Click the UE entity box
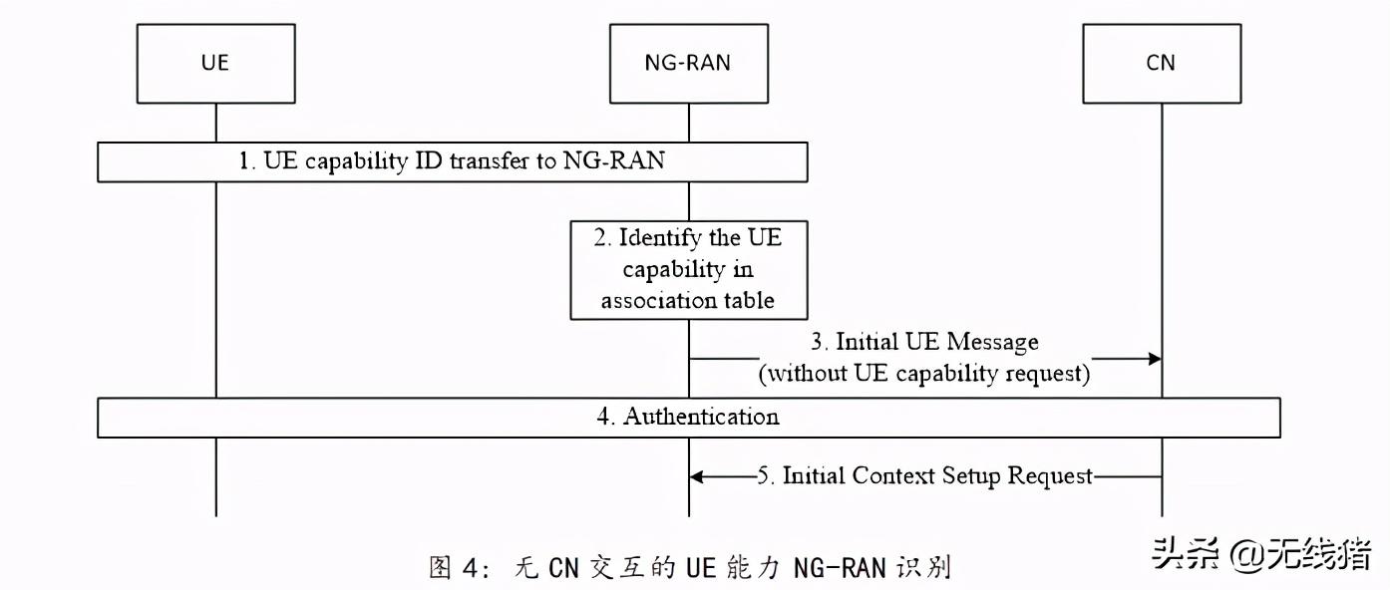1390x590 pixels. point(215,63)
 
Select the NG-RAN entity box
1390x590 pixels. point(687,63)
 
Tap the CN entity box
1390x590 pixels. point(1161,63)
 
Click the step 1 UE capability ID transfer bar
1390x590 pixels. point(452,161)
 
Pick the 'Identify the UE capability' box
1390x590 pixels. point(687,270)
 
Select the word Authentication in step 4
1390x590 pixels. point(701,417)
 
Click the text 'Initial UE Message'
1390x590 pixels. point(936,342)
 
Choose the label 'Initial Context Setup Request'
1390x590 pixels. point(937,476)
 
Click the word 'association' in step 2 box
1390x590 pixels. point(647,300)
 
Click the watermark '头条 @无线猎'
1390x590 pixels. point(1261,554)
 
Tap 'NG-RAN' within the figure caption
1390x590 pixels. point(836,568)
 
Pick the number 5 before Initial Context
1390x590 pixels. point(765,476)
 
